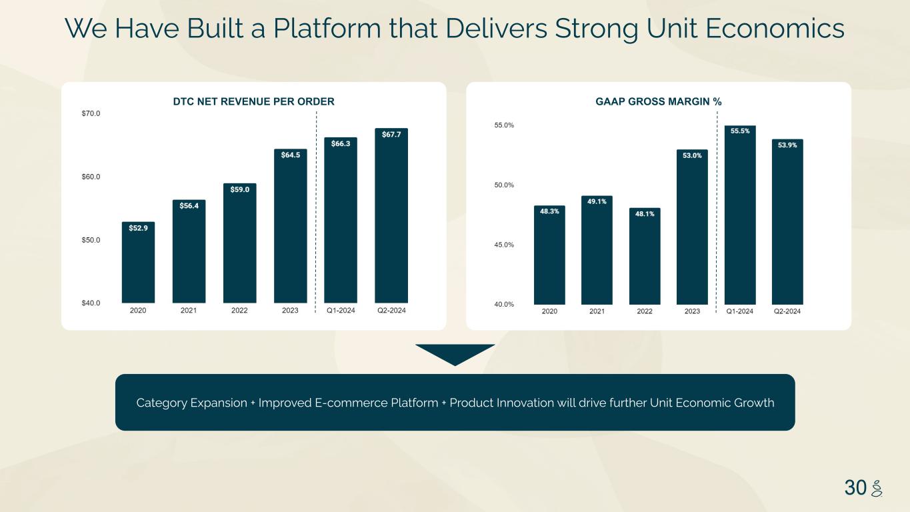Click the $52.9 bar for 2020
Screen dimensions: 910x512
point(138,262)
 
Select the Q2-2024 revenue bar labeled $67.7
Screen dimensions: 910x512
point(391,215)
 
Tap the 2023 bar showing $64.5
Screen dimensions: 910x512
point(291,226)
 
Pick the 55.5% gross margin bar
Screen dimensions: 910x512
point(740,215)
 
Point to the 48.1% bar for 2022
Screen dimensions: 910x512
point(645,257)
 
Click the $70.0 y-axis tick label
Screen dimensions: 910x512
point(91,113)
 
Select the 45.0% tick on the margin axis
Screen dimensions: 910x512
point(504,245)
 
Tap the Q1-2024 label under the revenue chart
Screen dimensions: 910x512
point(341,311)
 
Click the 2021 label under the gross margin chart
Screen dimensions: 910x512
point(597,311)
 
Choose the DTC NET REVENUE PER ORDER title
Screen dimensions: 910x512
point(253,101)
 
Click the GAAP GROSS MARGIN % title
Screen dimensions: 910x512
point(659,101)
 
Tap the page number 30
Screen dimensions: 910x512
point(855,487)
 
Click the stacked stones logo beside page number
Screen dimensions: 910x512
point(877,488)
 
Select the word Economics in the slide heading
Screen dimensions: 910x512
point(775,29)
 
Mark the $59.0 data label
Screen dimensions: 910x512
point(240,189)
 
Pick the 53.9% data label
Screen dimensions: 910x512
point(787,145)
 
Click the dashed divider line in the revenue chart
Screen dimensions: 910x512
point(316,212)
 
